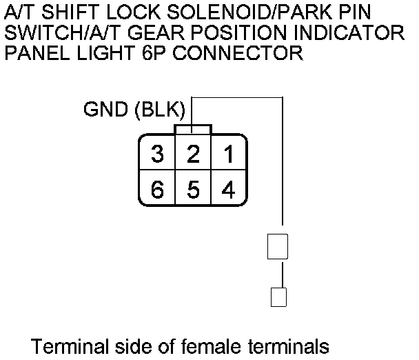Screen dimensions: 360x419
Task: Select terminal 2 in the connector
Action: point(194,154)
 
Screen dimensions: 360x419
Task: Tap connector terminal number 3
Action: point(158,154)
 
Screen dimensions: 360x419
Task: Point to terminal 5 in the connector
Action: point(194,188)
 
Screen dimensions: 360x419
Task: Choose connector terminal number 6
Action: point(158,188)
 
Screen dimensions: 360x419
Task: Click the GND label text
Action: point(105,109)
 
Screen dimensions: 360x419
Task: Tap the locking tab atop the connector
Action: point(194,129)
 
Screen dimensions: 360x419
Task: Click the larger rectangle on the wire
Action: point(278,247)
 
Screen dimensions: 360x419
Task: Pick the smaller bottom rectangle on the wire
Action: point(278,297)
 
